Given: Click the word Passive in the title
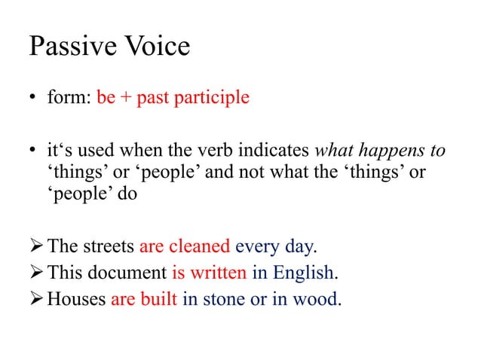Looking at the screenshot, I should [69, 47].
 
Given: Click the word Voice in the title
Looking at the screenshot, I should [152, 47].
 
